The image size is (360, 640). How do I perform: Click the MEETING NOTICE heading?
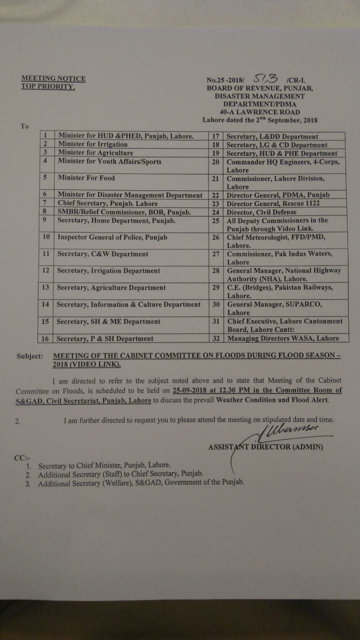coord(53,78)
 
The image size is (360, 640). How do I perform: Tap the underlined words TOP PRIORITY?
coord(47,86)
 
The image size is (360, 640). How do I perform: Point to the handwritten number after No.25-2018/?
coord(265,78)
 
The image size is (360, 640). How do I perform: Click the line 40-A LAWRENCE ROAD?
coord(259,112)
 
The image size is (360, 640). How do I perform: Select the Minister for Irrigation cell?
coord(92,144)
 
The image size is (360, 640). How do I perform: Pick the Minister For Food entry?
coord(86,178)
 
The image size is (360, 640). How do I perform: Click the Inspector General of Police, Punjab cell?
coord(112,237)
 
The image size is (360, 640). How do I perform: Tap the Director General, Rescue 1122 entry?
coord(273,203)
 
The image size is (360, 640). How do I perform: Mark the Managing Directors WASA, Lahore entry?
coord(283,338)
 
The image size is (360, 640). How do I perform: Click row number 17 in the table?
coord(215,136)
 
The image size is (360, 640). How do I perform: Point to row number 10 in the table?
coord(45,237)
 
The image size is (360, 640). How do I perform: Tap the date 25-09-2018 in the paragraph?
coord(183,390)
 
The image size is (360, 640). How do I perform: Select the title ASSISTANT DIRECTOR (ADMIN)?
coord(265,446)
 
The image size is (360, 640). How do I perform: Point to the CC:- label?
coord(22,456)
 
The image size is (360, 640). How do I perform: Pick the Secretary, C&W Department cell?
coord(102,254)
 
